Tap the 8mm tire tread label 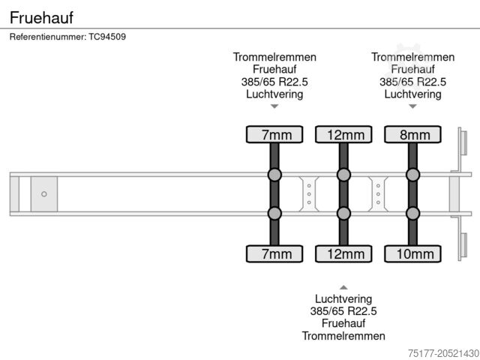412,135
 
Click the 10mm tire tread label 412,254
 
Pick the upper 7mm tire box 274,135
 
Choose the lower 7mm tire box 274,254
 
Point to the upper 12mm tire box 343,135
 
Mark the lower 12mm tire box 343,254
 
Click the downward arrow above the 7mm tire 274,106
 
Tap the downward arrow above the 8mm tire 412,106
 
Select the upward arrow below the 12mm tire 343,286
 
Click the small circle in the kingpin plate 44,194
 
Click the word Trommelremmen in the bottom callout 343,336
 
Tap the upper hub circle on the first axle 274,175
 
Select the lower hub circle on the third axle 412,214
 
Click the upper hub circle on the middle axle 343,175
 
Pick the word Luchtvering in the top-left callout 274,94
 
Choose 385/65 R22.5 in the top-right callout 412,82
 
